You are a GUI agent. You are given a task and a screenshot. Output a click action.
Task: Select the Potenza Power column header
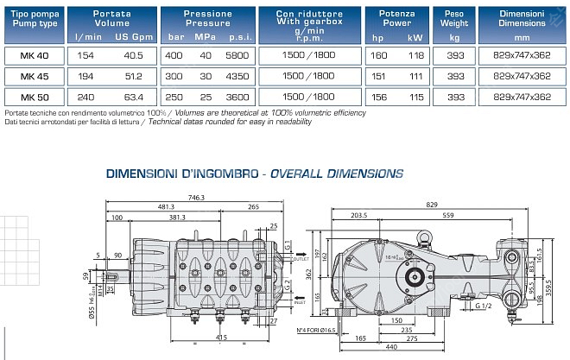(396, 18)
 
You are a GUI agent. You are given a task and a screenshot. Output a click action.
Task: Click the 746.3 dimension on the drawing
(197, 198)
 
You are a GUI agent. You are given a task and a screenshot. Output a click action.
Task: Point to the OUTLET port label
(300, 258)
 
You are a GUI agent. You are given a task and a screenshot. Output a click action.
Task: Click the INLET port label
(300, 303)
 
